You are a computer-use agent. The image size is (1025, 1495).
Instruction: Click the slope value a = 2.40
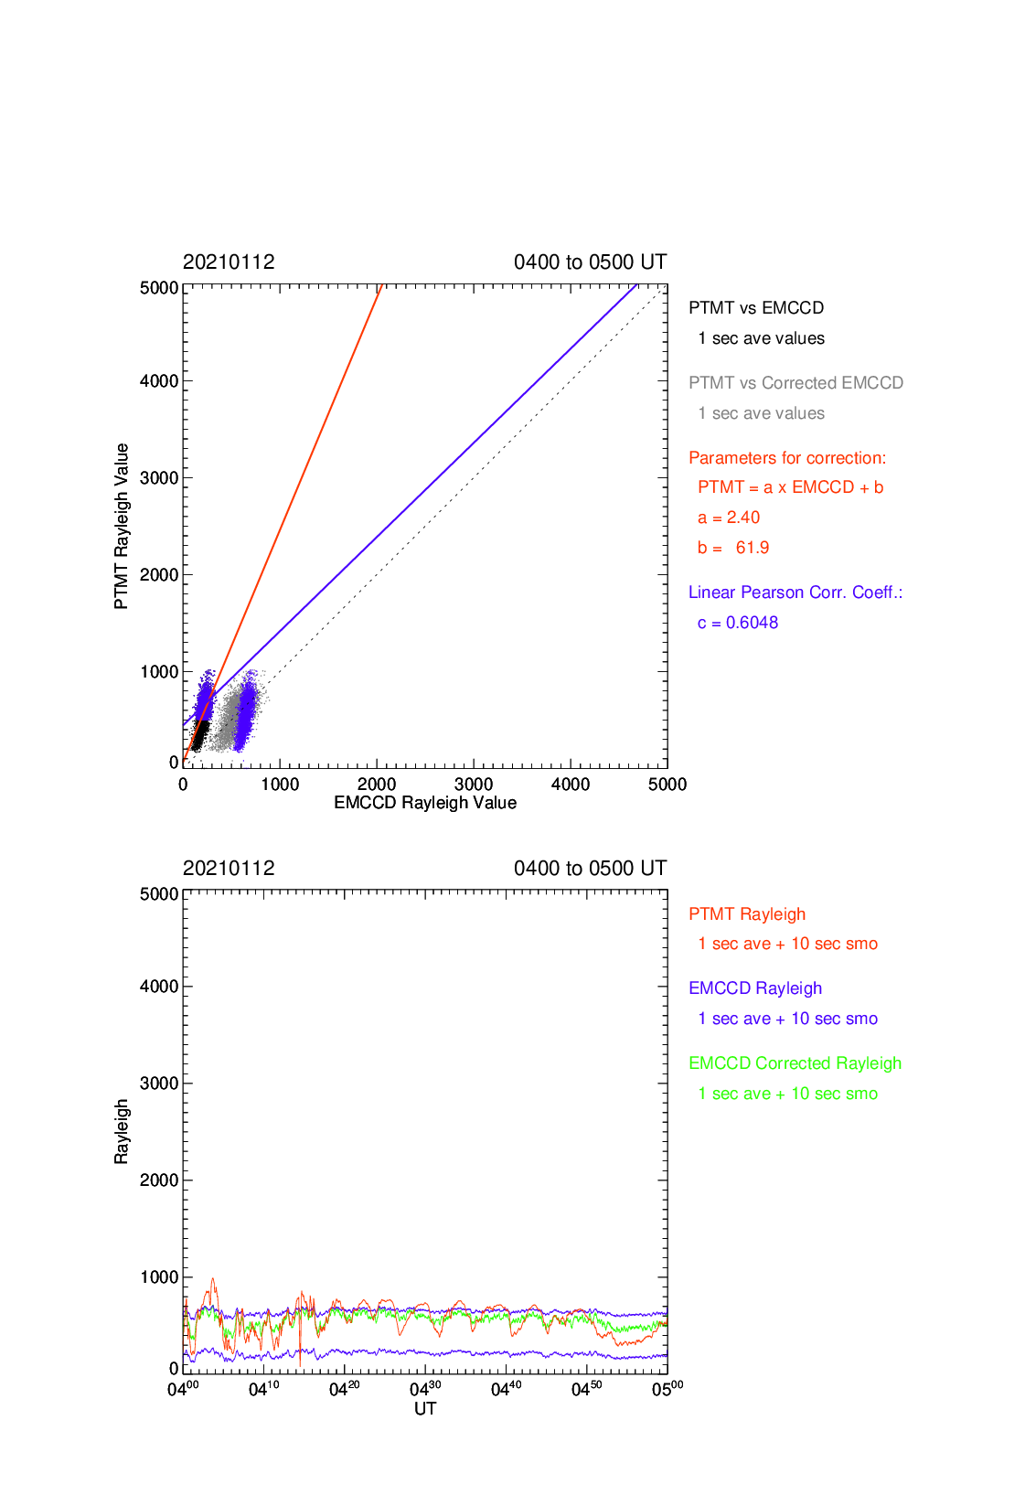pyautogui.click(x=728, y=518)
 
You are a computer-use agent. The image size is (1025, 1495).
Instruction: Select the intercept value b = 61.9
pyautogui.click(x=732, y=548)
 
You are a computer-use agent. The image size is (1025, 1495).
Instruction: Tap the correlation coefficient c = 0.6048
pyautogui.click(x=737, y=623)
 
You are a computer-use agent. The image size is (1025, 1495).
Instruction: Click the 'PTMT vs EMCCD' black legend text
pyautogui.click(x=756, y=307)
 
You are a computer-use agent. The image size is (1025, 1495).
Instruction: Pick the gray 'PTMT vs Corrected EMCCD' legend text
pyautogui.click(x=795, y=382)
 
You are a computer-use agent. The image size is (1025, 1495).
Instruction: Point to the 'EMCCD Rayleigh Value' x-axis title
pyautogui.click(x=425, y=802)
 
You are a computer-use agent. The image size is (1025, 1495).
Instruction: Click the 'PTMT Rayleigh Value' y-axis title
pyautogui.click(x=121, y=526)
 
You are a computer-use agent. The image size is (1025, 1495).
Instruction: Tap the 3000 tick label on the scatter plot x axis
pyautogui.click(x=473, y=785)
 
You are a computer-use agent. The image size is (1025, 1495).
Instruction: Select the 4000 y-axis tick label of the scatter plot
pyautogui.click(x=159, y=381)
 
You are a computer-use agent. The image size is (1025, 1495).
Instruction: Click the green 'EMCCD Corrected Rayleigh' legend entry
pyautogui.click(x=795, y=1063)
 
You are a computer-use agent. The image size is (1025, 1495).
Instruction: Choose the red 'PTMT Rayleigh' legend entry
pyautogui.click(x=747, y=913)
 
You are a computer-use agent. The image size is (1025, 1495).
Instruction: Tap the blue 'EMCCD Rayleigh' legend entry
pyautogui.click(x=754, y=988)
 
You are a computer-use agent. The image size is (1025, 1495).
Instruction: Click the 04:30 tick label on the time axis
pyautogui.click(x=425, y=1389)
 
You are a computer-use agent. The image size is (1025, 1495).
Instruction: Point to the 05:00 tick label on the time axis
pyautogui.click(x=667, y=1389)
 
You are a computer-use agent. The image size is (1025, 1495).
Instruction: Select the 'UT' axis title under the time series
pyautogui.click(x=425, y=1408)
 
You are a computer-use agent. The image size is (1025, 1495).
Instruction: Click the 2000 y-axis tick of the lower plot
pyautogui.click(x=159, y=1180)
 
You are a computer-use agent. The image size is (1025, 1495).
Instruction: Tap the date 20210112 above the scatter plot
pyautogui.click(x=229, y=262)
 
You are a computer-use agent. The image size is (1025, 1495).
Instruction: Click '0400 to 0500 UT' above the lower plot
pyautogui.click(x=590, y=868)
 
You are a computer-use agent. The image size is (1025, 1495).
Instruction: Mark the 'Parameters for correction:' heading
pyautogui.click(x=787, y=458)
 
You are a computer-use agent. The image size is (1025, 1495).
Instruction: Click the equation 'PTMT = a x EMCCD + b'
pyautogui.click(x=790, y=487)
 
